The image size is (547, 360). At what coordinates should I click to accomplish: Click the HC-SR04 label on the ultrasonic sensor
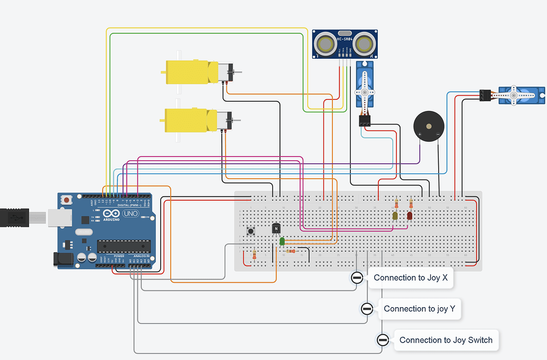[344, 39]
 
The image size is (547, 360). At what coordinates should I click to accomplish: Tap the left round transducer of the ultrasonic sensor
[324, 44]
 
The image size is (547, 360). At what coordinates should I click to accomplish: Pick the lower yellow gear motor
[190, 120]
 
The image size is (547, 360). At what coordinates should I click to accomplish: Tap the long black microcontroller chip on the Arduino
[124, 246]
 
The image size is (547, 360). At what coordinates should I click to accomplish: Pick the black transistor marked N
[276, 228]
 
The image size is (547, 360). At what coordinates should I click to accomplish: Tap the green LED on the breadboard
[282, 241]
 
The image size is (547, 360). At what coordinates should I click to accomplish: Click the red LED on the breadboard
[410, 216]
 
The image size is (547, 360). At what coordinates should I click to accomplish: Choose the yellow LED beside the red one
[395, 216]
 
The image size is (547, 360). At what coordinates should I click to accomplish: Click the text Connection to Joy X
[410, 278]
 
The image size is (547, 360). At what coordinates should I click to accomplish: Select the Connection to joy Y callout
[419, 309]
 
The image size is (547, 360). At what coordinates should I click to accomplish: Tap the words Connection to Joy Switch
[446, 340]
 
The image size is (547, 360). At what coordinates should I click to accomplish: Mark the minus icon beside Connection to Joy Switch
[383, 340]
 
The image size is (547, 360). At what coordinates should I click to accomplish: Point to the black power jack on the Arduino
[62, 259]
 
